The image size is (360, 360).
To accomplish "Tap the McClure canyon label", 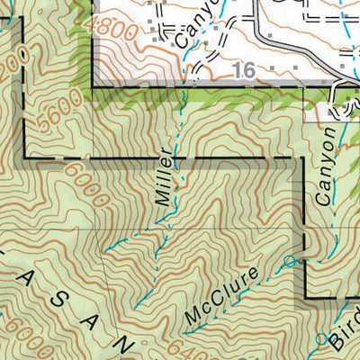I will coord(223,296).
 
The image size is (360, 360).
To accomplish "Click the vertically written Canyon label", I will coord(326,163).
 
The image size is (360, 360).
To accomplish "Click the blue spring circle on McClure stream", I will coord(288,262).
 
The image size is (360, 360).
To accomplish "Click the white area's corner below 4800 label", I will coord(93,86).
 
